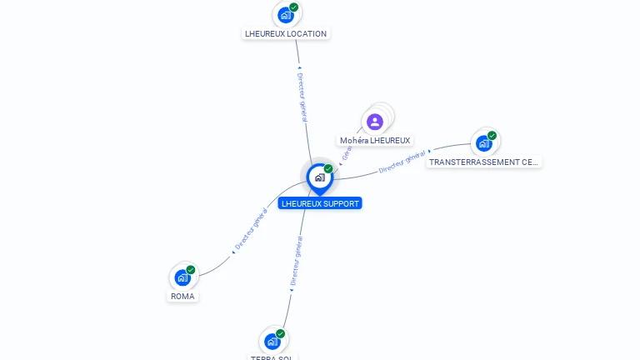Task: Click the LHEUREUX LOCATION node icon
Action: click(x=286, y=14)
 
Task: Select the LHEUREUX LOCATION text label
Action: click(x=286, y=34)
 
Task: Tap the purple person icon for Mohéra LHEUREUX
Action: click(x=375, y=122)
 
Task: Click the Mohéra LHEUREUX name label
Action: click(x=375, y=141)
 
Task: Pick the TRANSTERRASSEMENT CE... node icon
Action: click(x=483, y=143)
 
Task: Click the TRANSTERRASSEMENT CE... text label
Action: click(x=483, y=162)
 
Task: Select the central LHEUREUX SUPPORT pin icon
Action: click(x=319, y=177)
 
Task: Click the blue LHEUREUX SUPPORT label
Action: click(x=320, y=203)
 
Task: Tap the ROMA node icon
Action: click(x=182, y=277)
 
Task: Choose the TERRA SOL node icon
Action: click(x=272, y=342)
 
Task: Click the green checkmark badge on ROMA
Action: click(x=191, y=270)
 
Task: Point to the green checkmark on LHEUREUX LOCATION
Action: click(x=294, y=7)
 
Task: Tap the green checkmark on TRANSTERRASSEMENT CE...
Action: click(x=492, y=136)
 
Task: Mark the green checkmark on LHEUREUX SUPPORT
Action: click(x=328, y=169)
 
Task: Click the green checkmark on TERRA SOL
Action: click(x=281, y=334)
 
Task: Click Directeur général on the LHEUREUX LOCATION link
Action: click(x=302, y=97)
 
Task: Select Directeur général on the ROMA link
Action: click(x=251, y=231)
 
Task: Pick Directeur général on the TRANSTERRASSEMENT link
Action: click(x=402, y=162)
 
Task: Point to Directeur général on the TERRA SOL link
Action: click(x=297, y=261)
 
